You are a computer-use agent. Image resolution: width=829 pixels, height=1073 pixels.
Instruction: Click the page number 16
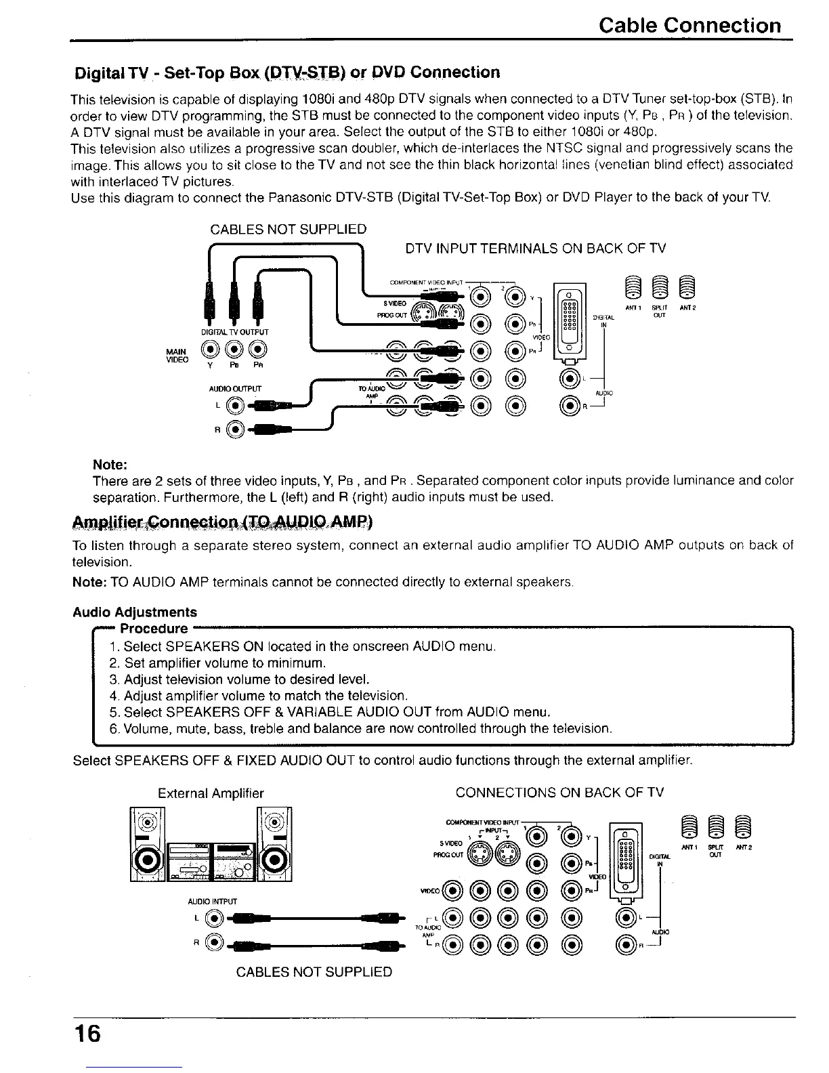[x=88, y=1034]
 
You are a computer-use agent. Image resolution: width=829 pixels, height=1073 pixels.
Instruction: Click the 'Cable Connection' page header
[x=690, y=26]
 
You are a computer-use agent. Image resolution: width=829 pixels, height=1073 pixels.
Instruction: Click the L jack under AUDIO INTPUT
[x=215, y=919]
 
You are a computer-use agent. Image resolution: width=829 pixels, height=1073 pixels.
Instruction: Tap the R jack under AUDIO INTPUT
[x=215, y=942]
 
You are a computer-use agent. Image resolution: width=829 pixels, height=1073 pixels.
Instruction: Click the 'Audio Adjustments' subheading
[x=135, y=612]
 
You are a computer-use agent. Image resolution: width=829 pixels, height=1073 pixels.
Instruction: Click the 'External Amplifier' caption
[x=211, y=793]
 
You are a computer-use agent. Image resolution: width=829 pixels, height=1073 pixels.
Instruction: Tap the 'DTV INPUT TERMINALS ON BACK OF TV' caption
[x=535, y=249]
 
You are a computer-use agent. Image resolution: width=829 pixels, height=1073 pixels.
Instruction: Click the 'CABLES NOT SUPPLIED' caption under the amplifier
[x=314, y=972]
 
